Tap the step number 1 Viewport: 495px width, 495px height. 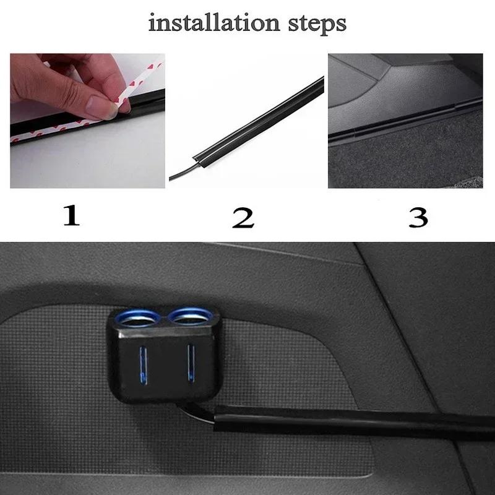72,216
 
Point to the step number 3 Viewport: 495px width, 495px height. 418,217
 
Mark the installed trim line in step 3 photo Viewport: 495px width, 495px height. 402,121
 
